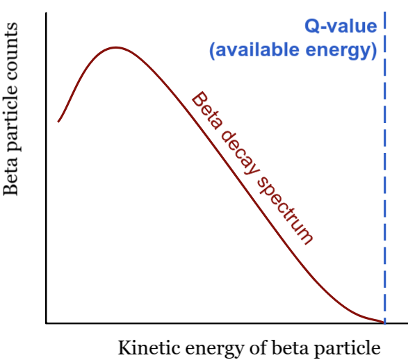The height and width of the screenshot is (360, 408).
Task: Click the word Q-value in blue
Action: [341, 26]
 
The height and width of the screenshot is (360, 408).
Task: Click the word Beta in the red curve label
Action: [206, 110]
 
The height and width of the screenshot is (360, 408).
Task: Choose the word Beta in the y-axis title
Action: [10, 179]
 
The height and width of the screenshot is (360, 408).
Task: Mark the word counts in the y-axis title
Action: [11, 51]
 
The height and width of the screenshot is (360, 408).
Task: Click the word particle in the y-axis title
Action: [11, 120]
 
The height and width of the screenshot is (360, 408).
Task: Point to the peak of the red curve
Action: [116, 47]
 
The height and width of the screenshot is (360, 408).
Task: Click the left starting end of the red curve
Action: [58, 122]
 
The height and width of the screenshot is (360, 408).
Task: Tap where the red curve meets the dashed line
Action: [384, 322]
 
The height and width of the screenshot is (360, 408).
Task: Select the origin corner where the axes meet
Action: [47, 323]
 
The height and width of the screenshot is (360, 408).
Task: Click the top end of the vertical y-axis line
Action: [47, 13]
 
